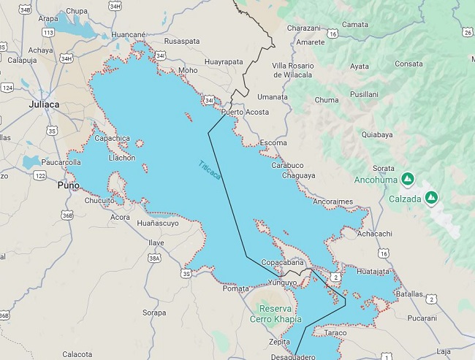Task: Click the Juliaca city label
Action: [44, 104]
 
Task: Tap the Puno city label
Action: [69, 185]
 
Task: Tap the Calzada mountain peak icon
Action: [432, 197]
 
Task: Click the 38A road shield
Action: [154, 258]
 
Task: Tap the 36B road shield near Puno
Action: [67, 215]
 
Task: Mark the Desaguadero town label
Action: [292, 357]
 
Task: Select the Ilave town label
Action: [156, 242]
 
